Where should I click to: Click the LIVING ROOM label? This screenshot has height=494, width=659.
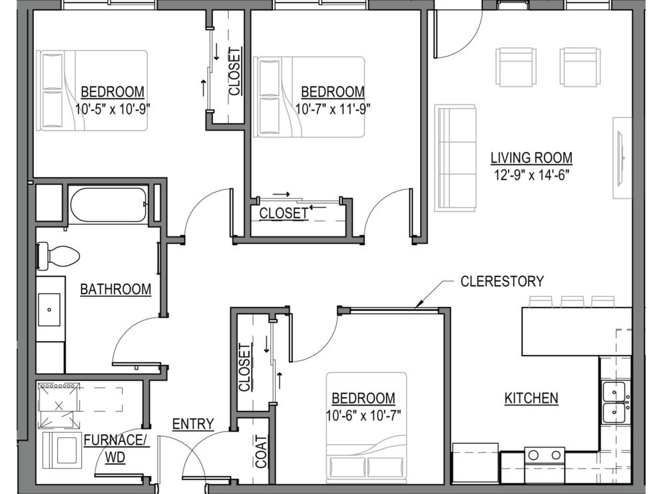click(x=531, y=158)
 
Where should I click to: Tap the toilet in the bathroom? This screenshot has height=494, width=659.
click(x=58, y=256)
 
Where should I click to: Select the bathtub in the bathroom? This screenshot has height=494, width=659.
click(x=109, y=204)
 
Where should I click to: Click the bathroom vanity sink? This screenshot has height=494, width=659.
click(x=49, y=310)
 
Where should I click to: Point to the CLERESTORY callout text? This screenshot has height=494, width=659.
click(x=502, y=281)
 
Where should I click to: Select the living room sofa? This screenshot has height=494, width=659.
click(x=455, y=158)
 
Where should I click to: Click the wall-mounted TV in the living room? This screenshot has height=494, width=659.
click(x=620, y=158)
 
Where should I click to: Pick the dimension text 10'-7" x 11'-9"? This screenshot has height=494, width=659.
click(x=332, y=109)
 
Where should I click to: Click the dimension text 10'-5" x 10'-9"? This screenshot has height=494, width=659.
click(x=112, y=109)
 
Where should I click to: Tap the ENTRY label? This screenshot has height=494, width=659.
click(x=193, y=424)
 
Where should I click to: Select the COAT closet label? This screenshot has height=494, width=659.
click(x=261, y=452)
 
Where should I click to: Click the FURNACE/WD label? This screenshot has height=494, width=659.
click(x=114, y=449)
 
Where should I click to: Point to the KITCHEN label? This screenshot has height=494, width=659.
click(x=531, y=398)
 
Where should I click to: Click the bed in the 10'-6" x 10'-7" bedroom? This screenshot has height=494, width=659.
click(x=367, y=427)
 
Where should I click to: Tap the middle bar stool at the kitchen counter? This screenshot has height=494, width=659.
click(x=572, y=302)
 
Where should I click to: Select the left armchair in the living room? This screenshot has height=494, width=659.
click(x=516, y=67)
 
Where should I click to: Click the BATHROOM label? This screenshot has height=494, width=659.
click(x=116, y=289)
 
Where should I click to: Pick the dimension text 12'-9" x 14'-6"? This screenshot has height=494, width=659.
click(x=531, y=175)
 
